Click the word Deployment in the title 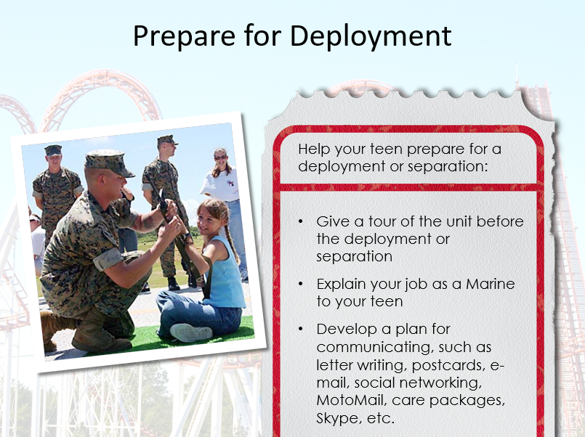click(x=371, y=36)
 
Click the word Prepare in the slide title click(x=184, y=36)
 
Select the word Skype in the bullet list click(x=337, y=418)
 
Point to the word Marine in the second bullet click(x=491, y=284)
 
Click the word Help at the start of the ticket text click(x=314, y=149)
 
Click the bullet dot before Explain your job click(x=301, y=285)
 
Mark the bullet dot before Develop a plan click(x=301, y=329)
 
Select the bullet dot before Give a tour click(x=301, y=221)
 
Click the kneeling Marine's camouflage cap click(x=108, y=163)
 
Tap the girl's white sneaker click(x=190, y=332)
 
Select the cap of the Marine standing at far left click(x=53, y=150)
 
